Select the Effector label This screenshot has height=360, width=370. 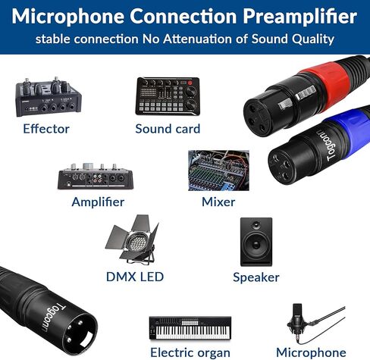46,129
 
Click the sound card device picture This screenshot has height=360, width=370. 168,96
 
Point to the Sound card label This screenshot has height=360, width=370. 168,129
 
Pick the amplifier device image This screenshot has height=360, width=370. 97,177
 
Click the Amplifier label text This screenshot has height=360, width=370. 98,202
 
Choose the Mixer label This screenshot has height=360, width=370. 218,202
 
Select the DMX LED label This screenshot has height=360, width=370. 135,277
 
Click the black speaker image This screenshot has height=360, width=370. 256,241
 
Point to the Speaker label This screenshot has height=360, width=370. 256,277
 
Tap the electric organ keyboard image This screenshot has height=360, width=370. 190,328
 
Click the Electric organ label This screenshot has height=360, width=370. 190,352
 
